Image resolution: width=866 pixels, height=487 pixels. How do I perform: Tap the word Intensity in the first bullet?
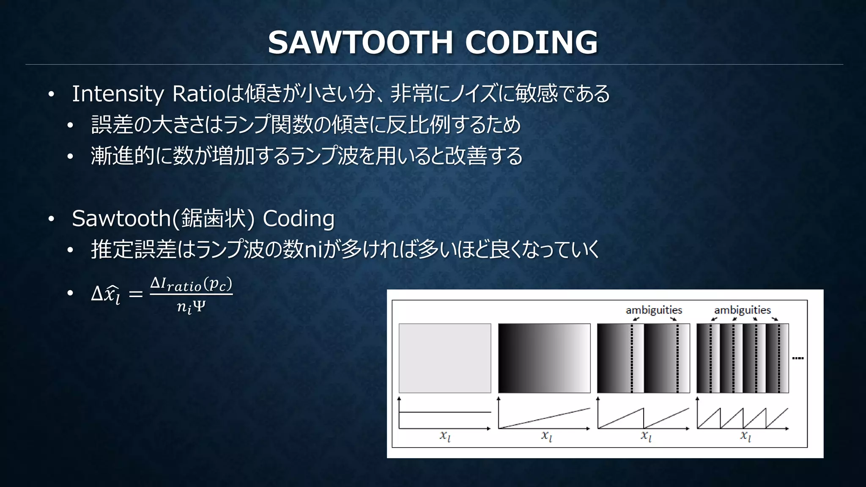(118, 94)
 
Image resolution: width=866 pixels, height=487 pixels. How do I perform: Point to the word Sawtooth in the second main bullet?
(121, 219)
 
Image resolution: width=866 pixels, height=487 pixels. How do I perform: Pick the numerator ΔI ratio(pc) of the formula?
(191, 284)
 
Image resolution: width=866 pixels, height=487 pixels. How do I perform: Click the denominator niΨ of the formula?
(191, 306)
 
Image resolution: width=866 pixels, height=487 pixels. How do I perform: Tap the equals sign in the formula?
(135, 294)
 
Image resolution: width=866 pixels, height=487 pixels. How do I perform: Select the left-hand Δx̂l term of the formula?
(106, 294)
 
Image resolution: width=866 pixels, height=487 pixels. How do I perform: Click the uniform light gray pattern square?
(445, 358)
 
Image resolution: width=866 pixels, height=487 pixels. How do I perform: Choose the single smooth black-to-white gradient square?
(544, 358)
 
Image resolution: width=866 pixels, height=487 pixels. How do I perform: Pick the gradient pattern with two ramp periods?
(643, 358)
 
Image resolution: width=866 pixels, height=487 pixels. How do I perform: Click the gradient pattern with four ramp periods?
(743, 358)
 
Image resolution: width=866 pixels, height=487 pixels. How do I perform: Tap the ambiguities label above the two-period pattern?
(654, 310)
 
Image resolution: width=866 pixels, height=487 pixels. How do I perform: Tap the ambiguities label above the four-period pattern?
(743, 310)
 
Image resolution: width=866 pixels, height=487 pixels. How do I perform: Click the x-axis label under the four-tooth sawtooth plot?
(745, 435)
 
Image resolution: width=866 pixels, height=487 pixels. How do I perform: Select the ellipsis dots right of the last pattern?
(798, 358)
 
